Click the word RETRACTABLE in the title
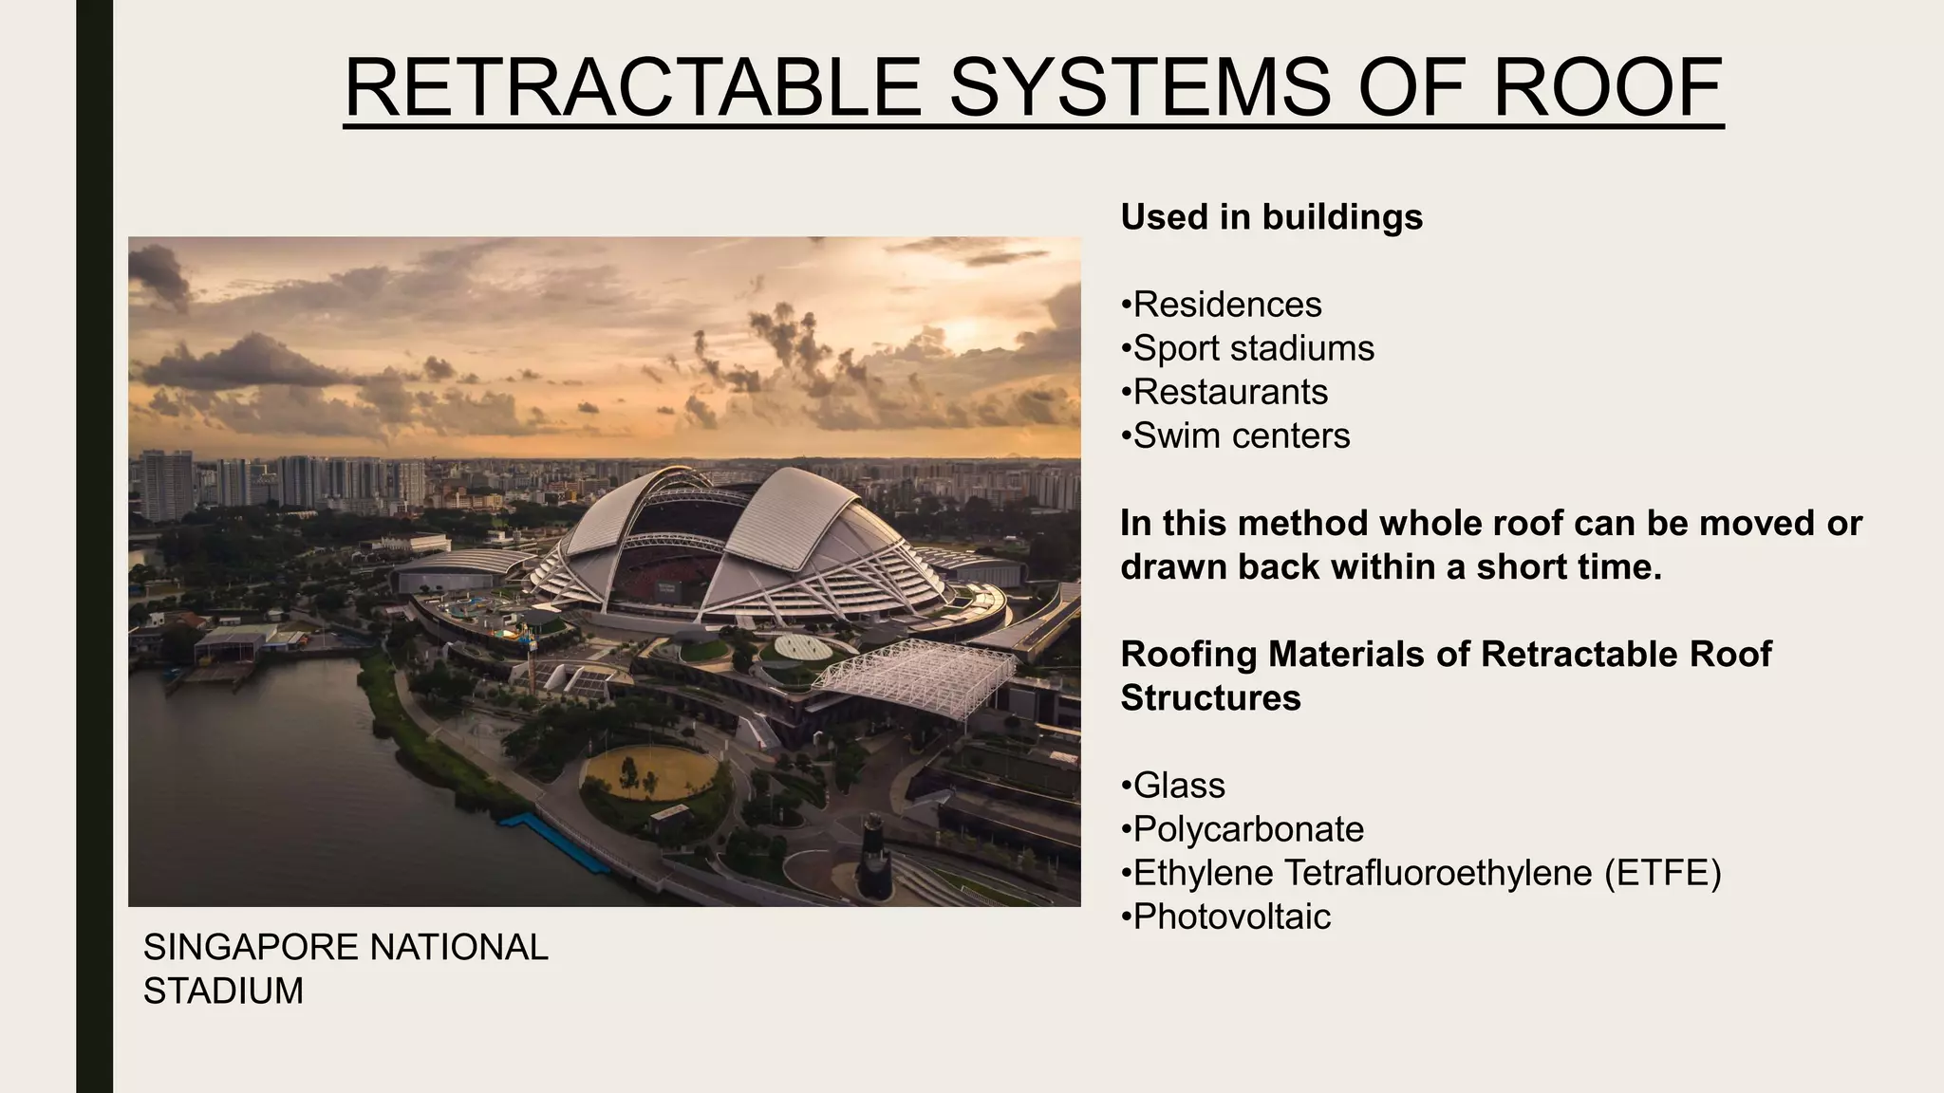[x=632, y=87]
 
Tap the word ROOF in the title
[x=1607, y=87]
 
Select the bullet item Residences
[x=1226, y=305]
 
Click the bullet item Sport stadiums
[x=1253, y=348]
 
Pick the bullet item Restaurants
[x=1230, y=392]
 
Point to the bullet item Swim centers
[x=1241, y=435]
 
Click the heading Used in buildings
[x=1271, y=217]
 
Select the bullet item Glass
[x=1178, y=786]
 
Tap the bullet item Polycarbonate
[x=1247, y=829]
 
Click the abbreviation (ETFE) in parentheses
[x=1662, y=873]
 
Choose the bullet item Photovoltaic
[x=1231, y=917]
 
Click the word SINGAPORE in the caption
[x=251, y=947]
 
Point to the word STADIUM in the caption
[x=223, y=991]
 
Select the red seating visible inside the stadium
[x=664, y=579]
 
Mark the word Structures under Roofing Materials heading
[x=1210, y=698]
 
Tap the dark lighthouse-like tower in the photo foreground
[x=874, y=859]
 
